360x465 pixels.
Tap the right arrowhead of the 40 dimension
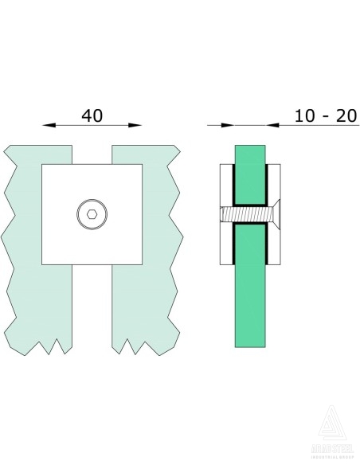pos(136,125)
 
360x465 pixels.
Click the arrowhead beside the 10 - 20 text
pos(272,125)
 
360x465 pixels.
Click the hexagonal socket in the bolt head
pos(92,214)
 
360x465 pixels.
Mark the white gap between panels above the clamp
pos(92,154)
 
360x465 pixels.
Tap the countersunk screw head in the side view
pos(276,214)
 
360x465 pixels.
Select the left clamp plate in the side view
pos(225,214)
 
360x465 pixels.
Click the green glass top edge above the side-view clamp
pos(252,151)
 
